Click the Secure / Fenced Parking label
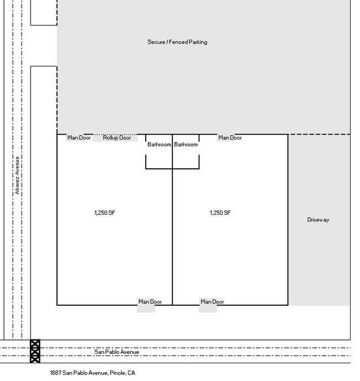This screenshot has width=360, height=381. [x=177, y=42]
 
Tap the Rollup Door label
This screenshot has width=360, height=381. [x=117, y=137]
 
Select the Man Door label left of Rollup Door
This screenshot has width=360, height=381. [x=79, y=137]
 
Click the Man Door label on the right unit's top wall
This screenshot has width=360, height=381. [x=230, y=137]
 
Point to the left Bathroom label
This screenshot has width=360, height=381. [x=159, y=145]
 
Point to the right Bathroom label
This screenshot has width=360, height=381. [x=186, y=145]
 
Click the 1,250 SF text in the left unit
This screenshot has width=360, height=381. [x=105, y=213]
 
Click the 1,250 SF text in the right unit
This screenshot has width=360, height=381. [x=220, y=213]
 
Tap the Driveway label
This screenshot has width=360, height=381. [x=318, y=220]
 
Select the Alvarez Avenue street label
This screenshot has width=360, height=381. [x=17, y=175]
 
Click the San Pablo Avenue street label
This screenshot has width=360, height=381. [x=117, y=352]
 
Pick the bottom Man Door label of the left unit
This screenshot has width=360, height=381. [x=150, y=302]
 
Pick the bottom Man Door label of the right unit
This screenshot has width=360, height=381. [x=212, y=302]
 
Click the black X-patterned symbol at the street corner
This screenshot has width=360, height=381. [x=35, y=351]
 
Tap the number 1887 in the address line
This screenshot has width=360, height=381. [x=56, y=373]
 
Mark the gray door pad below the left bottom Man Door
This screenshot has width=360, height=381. [x=146, y=309]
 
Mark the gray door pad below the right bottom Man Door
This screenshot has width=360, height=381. [x=208, y=309]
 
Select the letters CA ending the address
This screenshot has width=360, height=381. [x=131, y=373]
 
